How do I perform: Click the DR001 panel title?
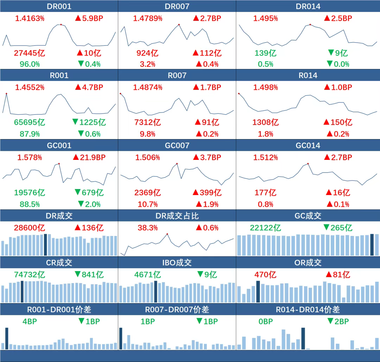coord(59,6)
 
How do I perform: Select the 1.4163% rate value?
coord(30,18)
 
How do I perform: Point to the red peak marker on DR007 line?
coord(179,25)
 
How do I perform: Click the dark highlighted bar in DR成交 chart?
coord(45,245)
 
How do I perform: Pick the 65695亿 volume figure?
coord(30,123)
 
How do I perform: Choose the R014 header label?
coord(308,75)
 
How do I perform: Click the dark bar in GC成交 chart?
coord(372,245)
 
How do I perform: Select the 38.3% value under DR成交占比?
coord(147,228)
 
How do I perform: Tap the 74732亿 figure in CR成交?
coord(30,275)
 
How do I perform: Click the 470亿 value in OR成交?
coord(265,275)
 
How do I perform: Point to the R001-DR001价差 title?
coord(59,310)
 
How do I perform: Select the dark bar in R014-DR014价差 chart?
coord(303,338)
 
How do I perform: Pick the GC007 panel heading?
coord(177,145)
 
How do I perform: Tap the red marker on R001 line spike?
coord(6,94)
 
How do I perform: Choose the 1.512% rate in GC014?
coord(265,157)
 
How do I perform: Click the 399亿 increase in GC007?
coord(207,193)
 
